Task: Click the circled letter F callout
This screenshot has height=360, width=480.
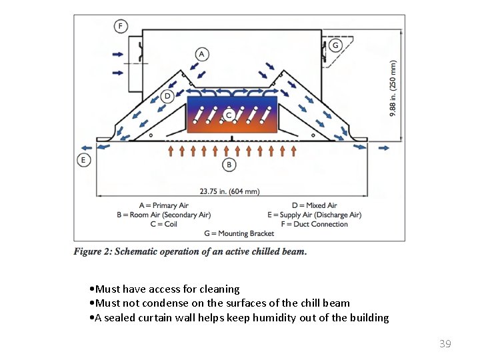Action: click(121, 26)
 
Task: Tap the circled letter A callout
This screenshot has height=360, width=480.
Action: click(202, 54)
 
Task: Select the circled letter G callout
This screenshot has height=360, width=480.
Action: click(335, 45)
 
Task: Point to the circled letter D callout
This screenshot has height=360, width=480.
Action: click(167, 96)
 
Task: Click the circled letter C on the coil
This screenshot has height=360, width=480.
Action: click(229, 115)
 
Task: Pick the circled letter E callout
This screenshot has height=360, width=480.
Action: click(83, 160)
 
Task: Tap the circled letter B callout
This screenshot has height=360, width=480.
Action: click(229, 165)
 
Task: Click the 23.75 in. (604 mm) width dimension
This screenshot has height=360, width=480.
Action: click(229, 191)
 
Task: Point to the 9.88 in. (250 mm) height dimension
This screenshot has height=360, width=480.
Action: click(393, 88)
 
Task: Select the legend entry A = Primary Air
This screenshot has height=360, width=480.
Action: click(164, 205)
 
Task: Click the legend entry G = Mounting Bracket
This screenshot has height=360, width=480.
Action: click(239, 233)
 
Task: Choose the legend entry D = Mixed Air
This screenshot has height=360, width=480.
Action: click(315, 205)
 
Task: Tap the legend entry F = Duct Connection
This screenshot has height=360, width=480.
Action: click(315, 224)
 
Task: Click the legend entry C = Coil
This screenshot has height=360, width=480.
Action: click(164, 224)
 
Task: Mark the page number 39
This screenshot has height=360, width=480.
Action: click(445, 344)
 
